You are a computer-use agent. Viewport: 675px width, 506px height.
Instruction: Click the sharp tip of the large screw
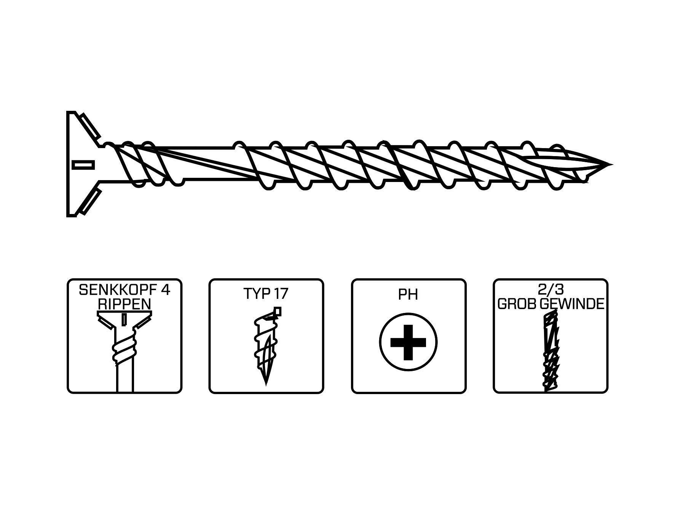point(610,165)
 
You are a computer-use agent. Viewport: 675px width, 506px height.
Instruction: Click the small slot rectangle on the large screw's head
point(83,164)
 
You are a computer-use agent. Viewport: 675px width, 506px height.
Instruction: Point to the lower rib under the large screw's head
point(89,200)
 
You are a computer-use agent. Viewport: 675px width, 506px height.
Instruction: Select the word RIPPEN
point(124,304)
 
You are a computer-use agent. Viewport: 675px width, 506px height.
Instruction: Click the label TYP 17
point(266,294)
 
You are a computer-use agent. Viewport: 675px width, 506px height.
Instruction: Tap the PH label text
point(408,294)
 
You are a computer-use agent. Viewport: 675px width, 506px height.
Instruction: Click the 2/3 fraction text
point(550,290)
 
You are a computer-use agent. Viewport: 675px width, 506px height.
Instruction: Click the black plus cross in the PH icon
point(408,342)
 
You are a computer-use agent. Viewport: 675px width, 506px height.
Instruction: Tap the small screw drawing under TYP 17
point(265,346)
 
